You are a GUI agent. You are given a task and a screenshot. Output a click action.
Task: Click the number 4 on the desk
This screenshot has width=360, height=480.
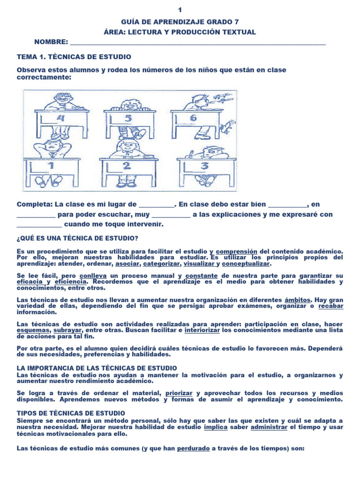coord(60,118)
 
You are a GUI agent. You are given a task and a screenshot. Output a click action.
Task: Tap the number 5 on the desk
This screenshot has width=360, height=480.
coord(127,119)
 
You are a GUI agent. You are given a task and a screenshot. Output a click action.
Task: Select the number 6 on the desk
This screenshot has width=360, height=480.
coord(193,118)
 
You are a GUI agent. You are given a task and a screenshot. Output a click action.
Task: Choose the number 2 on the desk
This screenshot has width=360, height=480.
coord(126,166)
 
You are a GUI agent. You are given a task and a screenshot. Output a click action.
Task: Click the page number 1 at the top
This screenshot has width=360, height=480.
coord(180,10)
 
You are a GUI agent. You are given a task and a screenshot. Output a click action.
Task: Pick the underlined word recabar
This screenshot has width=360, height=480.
coord(331,306)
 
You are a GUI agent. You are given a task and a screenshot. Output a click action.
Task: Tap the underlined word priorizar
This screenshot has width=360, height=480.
coord(179,393)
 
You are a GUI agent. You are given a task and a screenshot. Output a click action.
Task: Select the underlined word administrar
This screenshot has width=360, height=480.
coord(270,428)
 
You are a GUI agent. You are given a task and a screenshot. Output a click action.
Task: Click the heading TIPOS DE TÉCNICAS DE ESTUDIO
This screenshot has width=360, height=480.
coord(71,413)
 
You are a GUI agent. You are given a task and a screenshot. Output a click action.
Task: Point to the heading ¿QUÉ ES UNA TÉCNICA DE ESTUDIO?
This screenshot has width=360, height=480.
coord(77,238)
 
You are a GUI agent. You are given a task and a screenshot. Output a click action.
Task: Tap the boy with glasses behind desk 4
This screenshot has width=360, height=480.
coord(60,100)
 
